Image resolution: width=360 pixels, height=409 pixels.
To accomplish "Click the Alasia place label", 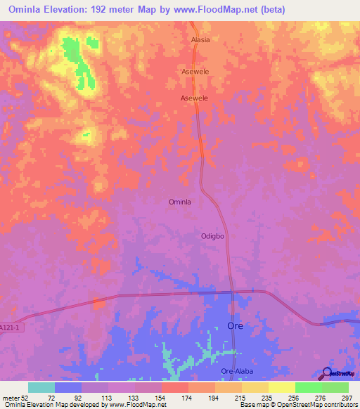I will click(x=200, y=40).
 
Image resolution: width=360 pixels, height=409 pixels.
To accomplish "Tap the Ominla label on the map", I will click(x=180, y=202).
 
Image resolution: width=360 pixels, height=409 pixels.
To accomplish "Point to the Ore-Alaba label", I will click(x=236, y=371).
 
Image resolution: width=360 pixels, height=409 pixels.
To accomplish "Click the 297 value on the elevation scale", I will click(x=347, y=398).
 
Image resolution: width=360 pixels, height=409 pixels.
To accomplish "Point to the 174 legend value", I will click(x=186, y=398).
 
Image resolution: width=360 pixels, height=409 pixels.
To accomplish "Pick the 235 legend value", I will click(x=266, y=398).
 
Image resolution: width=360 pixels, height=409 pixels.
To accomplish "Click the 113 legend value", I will click(x=106, y=398).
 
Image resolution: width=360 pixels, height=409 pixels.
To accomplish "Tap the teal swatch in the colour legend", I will click(x=41, y=387).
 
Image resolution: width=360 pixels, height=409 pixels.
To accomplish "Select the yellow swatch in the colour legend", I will click(x=281, y=387).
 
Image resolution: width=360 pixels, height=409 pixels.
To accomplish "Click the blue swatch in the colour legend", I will click(x=68, y=387).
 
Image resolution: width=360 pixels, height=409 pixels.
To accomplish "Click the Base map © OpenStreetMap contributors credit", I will click(x=297, y=405).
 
